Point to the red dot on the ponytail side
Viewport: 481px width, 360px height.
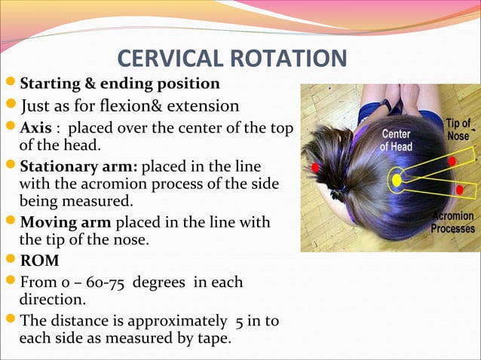315,166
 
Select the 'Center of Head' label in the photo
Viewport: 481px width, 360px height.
396,141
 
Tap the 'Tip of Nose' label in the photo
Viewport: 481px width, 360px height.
458,130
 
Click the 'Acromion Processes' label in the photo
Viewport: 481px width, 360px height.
453,222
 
